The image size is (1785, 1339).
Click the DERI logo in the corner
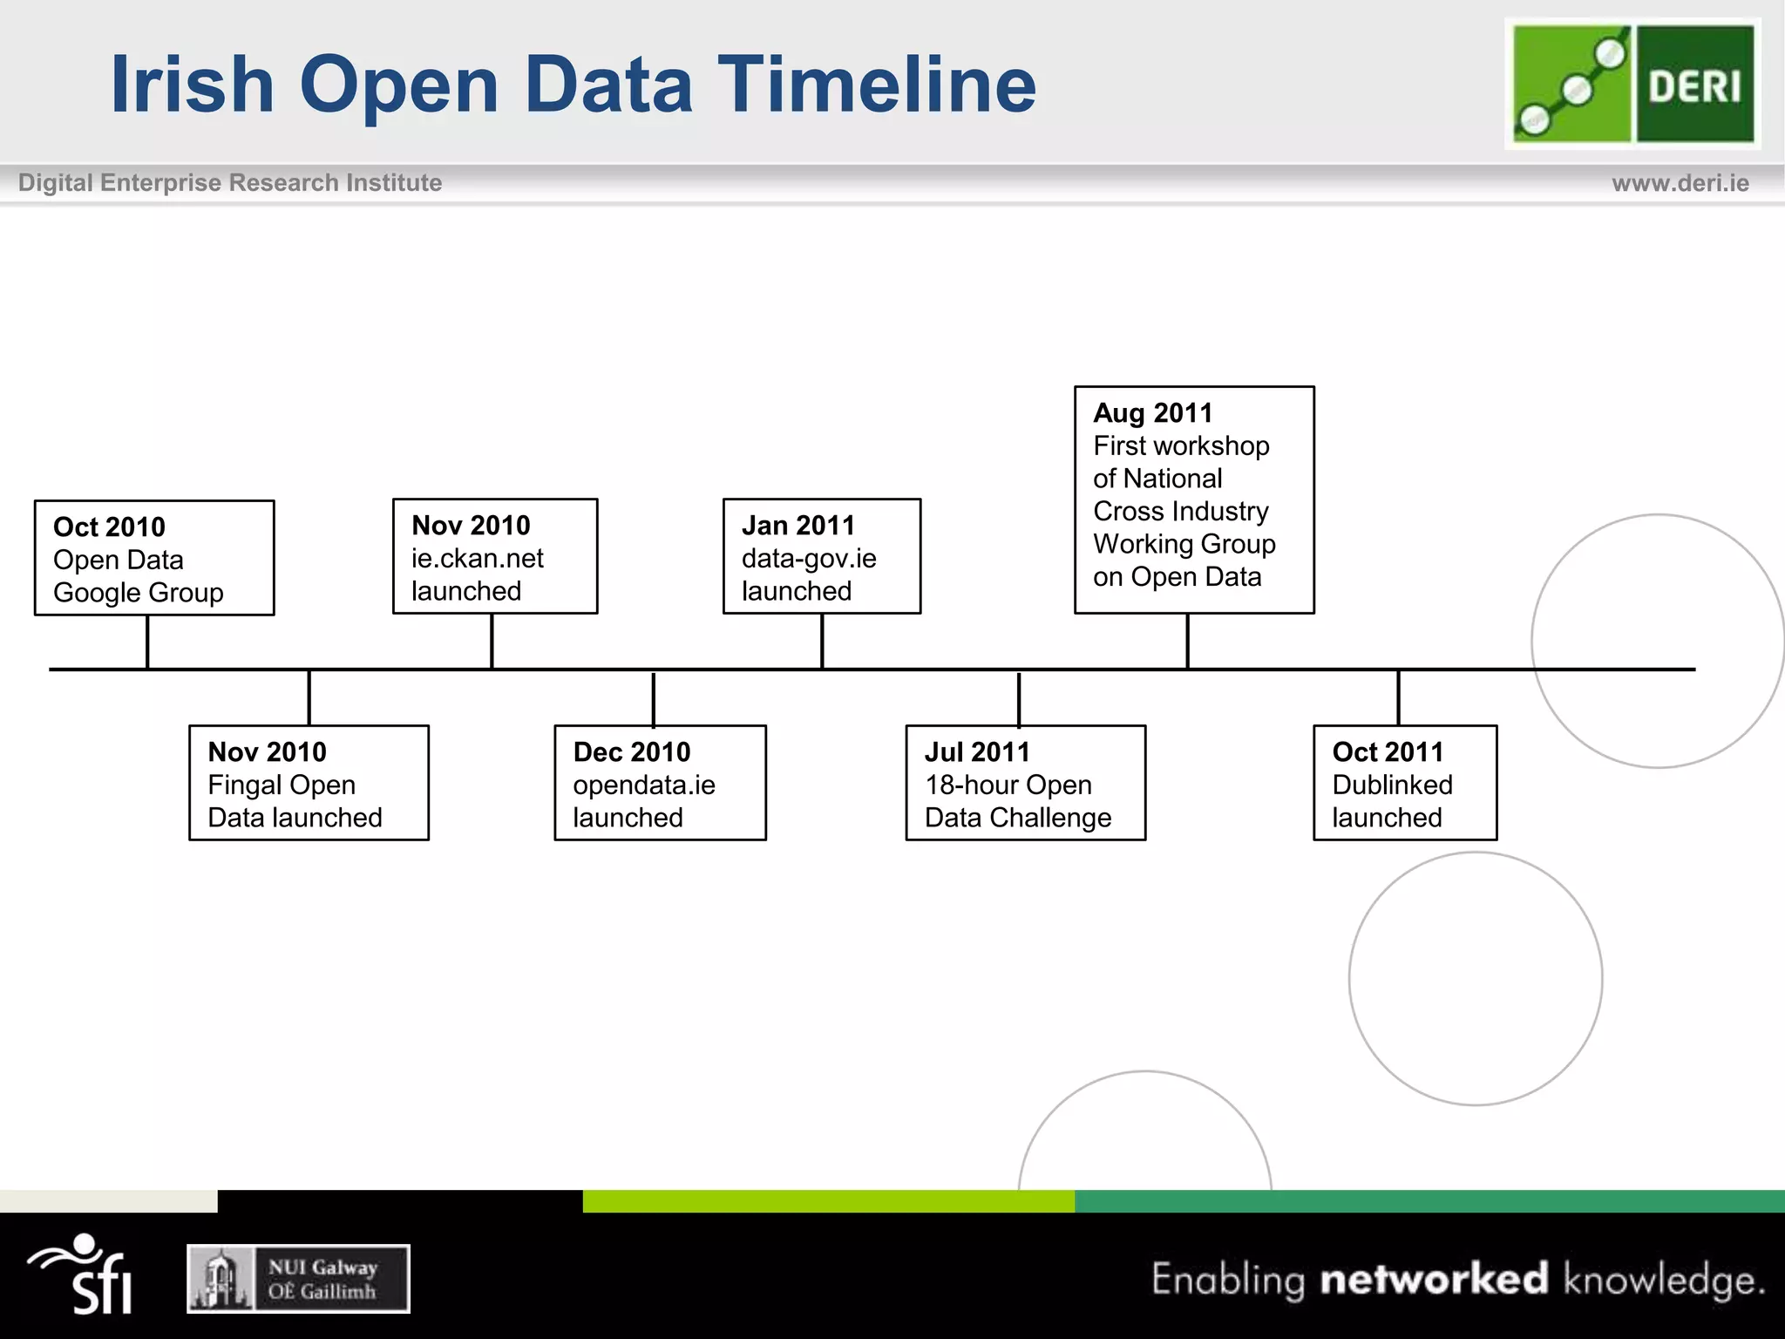1632,84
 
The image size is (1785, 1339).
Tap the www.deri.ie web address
1680,183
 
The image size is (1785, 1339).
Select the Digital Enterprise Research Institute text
230,183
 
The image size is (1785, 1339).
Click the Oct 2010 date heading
109,527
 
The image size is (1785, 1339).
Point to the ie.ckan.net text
478,559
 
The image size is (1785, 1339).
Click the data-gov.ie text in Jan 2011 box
809,559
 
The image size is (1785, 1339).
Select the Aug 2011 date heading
1152,413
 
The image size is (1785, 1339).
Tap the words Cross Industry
1181,512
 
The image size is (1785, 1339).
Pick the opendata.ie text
644,785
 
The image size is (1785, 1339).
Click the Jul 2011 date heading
977,752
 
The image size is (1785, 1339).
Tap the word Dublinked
1392,785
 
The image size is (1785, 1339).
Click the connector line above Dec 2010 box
653,697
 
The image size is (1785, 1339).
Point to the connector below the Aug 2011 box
1187,642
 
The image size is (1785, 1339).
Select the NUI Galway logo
298,1279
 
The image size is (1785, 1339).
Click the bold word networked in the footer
1434,1280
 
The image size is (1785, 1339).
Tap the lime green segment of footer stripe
828,1201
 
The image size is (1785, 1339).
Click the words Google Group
139,593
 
